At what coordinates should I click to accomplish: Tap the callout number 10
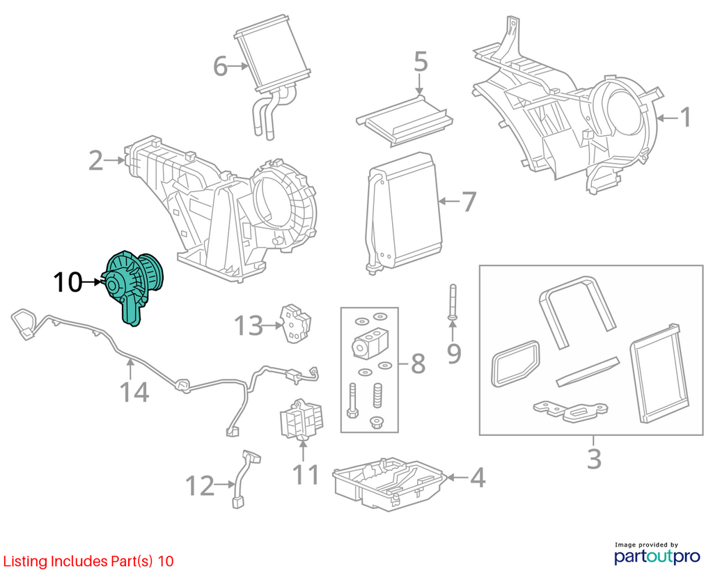(68, 283)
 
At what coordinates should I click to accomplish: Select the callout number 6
(221, 66)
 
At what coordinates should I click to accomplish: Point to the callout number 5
(421, 61)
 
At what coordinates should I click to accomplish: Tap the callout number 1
(685, 117)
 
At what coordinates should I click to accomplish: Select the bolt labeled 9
(453, 302)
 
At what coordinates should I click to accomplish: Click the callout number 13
(249, 326)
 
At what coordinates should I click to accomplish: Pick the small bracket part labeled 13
(296, 323)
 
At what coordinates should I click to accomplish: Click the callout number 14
(134, 392)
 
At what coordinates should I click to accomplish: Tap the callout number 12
(200, 485)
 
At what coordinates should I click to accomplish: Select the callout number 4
(478, 478)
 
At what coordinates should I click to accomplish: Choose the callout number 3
(594, 459)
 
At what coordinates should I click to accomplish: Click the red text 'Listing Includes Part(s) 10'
(88, 561)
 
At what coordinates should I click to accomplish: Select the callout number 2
(96, 161)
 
